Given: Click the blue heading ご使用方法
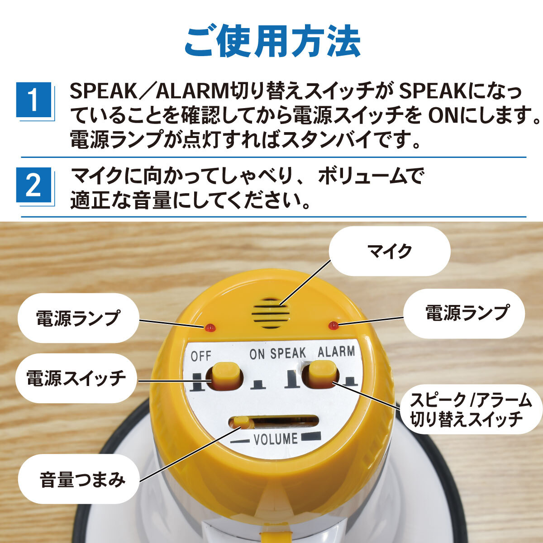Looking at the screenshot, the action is pos(272,43).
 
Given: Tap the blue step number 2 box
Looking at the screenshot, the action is pos(34,185).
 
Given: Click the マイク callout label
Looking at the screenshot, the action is pos(390,251).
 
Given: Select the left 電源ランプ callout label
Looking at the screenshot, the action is pos(78,318).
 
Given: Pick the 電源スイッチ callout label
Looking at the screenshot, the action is pos(76,378).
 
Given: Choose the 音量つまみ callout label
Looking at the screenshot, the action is pos(79,478).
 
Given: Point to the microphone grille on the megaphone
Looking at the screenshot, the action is pos(271,313).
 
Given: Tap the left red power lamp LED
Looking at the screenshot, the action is pos(210,328).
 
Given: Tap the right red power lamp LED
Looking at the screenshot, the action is pos(333,325).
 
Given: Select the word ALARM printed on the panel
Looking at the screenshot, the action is pos(336,352).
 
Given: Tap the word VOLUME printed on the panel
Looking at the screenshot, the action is pos(276,439).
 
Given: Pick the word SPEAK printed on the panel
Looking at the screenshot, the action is pos(288,353).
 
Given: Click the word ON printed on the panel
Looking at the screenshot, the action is pos(257,355).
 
